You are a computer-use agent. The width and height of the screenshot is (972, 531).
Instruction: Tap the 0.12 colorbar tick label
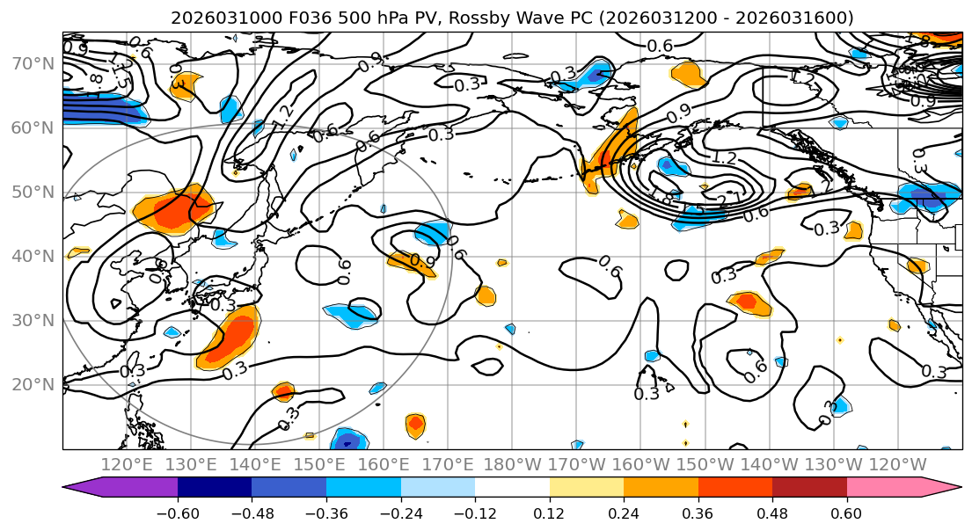549,513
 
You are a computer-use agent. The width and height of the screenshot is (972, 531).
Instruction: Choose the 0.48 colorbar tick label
772,513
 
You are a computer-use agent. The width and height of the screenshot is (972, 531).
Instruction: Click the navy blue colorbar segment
215,488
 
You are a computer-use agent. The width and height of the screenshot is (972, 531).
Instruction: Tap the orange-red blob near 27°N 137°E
230,338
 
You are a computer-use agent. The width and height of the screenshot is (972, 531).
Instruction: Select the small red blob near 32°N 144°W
748,302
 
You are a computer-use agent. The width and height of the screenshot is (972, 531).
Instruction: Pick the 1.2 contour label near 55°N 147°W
723,159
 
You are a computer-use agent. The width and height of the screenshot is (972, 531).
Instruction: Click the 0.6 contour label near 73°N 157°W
660,46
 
